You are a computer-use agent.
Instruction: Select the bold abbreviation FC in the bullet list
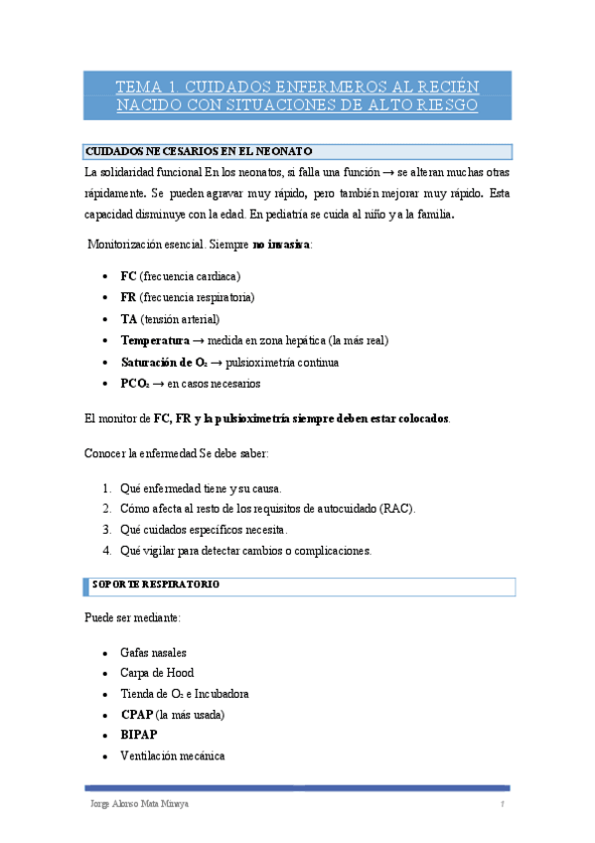tap(128, 275)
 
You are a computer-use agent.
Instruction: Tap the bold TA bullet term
tap(129, 319)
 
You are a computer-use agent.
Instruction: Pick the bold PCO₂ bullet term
tap(135, 384)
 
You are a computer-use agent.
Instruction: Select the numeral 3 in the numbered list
tap(106, 530)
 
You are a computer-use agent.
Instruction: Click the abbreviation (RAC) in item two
tap(396, 509)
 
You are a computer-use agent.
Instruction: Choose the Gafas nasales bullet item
tap(153, 652)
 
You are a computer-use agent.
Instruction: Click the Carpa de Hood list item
tap(157, 673)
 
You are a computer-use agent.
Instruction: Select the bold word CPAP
tap(137, 715)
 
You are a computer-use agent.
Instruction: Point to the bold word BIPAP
tap(139, 736)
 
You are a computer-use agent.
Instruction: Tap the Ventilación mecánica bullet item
tap(172, 757)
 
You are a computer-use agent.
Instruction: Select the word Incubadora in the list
tap(220, 694)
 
